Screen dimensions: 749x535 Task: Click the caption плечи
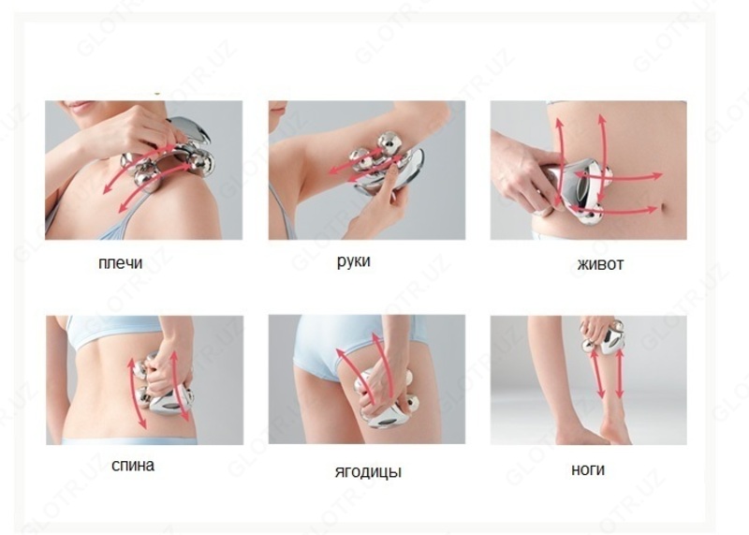[x=120, y=263]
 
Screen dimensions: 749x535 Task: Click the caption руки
[x=354, y=261]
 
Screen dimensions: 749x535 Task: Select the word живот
[x=600, y=264]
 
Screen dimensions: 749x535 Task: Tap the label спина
[x=133, y=465]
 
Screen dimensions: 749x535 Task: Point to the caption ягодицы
[x=368, y=471]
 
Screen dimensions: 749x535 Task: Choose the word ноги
[x=588, y=469]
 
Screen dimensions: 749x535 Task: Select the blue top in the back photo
[x=114, y=330]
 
